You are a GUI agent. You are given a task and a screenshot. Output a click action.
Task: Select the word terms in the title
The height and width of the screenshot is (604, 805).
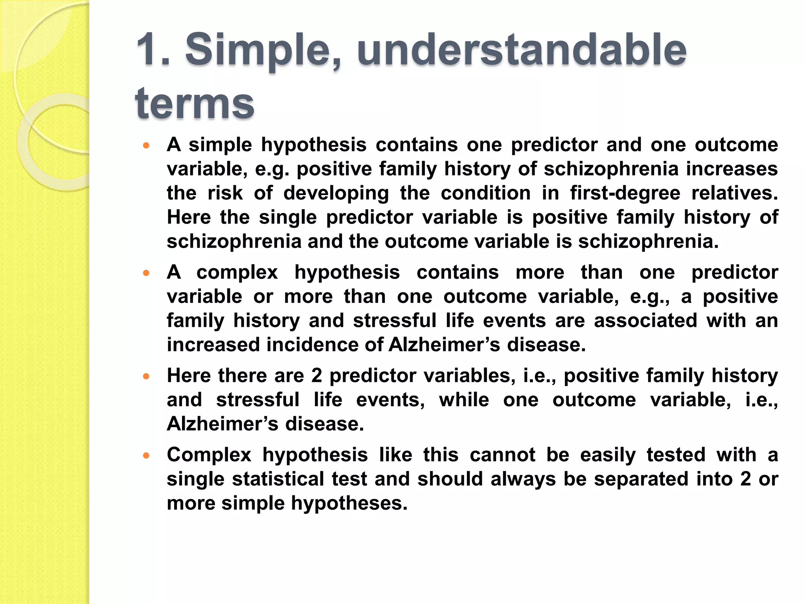pyautogui.click(x=195, y=103)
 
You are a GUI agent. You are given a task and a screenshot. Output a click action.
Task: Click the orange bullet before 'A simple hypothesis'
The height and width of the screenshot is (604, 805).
pyautogui.click(x=147, y=145)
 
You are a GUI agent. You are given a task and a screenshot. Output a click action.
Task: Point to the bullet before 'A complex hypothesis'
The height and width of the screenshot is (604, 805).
pyautogui.click(x=147, y=273)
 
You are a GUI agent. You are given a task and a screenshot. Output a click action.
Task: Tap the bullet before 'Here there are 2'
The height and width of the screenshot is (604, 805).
pyautogui.click(x=147, y=376)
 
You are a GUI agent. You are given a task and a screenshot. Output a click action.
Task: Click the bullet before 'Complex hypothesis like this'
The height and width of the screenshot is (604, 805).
pyautogui.click(x=147, y=456)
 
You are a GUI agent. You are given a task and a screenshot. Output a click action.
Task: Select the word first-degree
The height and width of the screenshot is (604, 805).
pyautogui.click(x=625, y=193)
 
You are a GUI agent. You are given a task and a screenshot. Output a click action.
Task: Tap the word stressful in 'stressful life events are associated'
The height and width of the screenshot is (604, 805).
pyautogui.click(x=394, y=320)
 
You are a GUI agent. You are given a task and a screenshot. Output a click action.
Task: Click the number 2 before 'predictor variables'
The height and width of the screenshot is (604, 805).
pyautogui.click(x=317, y=376)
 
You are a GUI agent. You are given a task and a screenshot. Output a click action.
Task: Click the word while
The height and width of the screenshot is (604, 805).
pyautogui.click(x=464, y=400)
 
